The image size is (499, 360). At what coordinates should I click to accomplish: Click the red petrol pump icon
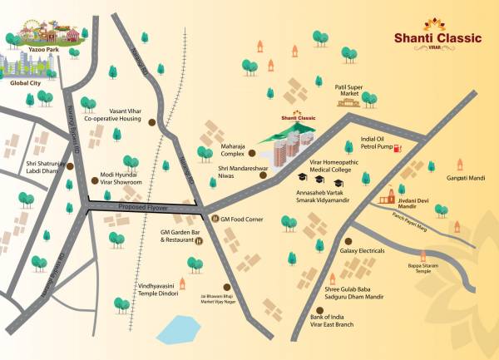tap(398, 148)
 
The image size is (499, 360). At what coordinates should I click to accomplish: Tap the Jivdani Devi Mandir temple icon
tap(388, 197)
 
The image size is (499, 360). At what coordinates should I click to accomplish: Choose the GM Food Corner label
tap(242, 219)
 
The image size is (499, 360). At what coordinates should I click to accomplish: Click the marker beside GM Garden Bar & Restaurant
tap(200, 243)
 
